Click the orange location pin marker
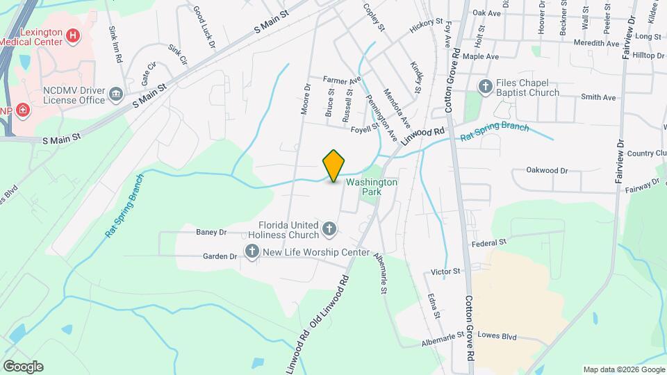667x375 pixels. [x=333, y=166]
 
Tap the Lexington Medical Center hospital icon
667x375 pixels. [x=71, y=35]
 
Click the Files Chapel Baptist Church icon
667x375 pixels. [x=486, y=86]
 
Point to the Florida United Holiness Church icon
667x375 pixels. [x=329, y=227]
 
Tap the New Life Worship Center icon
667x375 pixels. [x=251, y=252]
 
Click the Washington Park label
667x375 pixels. [x=372, y=187]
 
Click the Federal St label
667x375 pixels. [x=489, y=244]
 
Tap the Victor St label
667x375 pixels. [x=446, y=271]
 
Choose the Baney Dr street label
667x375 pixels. [x=211, y=232]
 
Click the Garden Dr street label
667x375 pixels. [x=220, y=256]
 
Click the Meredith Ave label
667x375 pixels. [x=596, y=43]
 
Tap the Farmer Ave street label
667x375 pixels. [x=343, y=81]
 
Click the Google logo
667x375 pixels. [x=23, y=366]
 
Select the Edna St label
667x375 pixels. [x=434, y=305]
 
